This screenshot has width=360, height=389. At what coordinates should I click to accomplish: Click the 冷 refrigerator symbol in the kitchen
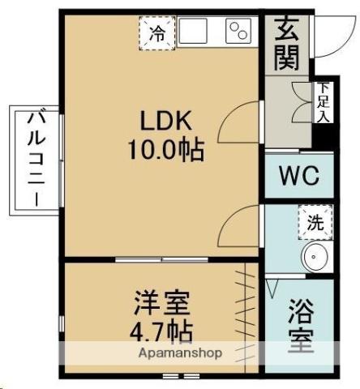157,33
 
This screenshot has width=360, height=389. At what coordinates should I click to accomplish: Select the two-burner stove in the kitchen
240,32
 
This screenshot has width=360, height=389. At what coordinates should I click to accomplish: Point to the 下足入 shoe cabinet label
324,101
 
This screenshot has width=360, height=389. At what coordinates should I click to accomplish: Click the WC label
298,175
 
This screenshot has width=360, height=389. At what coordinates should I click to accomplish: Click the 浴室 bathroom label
300,327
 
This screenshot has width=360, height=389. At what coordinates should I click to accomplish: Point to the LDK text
165,122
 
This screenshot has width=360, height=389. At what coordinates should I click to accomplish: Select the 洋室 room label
162,305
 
